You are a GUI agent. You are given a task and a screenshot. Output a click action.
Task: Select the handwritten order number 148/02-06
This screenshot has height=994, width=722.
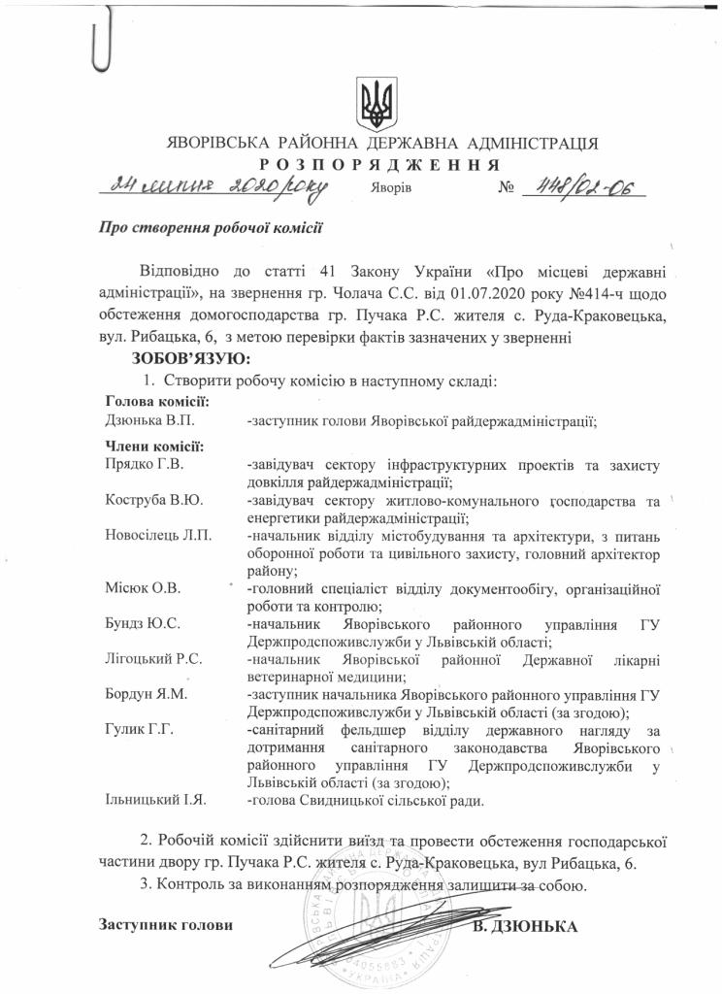tap(584, 187)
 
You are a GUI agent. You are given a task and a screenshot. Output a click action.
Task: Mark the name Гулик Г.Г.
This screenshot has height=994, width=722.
tap(138, 730)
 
